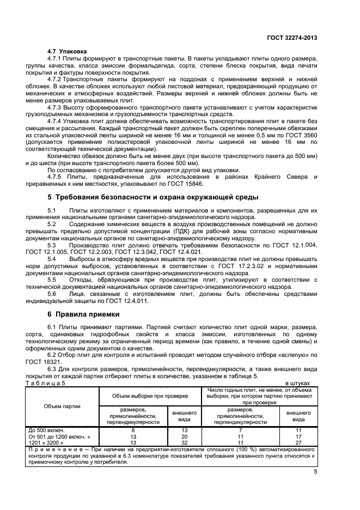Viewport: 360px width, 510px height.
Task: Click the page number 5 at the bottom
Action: point(315,472)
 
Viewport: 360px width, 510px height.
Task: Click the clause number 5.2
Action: point(52,223)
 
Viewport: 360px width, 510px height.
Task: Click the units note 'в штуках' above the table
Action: point(298,383)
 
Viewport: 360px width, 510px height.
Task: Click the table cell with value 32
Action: point(184,442)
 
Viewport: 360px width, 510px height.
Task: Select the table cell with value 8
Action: point(133,430)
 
